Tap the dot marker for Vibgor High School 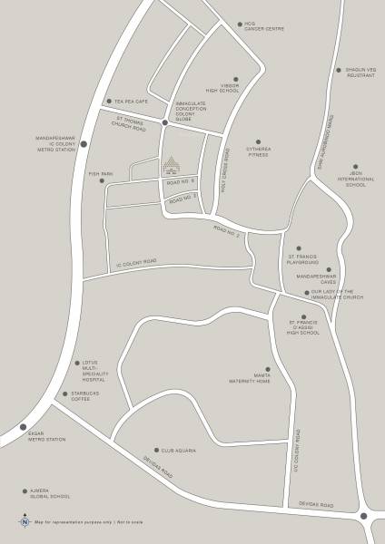coord(235,79)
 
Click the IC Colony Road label coord(136,263)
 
